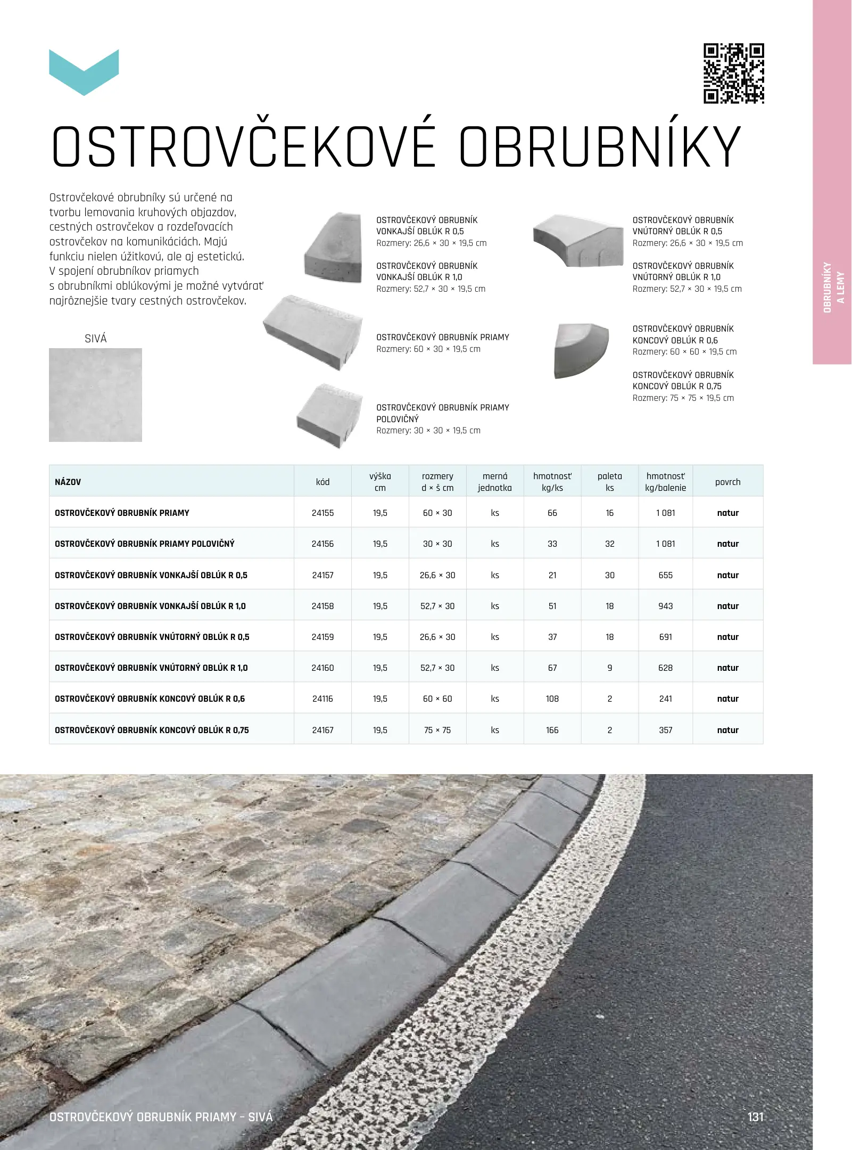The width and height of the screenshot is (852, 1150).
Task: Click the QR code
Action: click(x=734, y=73)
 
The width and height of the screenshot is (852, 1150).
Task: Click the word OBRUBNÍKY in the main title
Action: click(x=600, y=147)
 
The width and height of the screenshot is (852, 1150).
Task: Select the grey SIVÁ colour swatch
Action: click(x=96, y=395)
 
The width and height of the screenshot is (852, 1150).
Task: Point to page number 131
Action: click(x=755, y=1116)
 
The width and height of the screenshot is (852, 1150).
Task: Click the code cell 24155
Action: click(x=322, y=513)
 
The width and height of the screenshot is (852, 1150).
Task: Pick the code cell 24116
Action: click(x=322, y=699)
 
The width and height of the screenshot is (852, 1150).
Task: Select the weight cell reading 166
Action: click(x=552, y=730)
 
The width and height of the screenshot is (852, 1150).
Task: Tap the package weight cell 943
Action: click(x=665, y=606)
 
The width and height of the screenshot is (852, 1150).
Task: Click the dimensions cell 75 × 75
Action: click(x=437, y=730)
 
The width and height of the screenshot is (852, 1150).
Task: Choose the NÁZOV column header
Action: click(x=68, y=482)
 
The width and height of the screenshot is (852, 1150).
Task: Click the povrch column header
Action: click(x=727, y=482)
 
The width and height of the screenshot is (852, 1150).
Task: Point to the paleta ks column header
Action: click(x=609, y=482)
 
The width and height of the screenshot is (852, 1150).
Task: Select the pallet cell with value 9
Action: click(x=609, y=668)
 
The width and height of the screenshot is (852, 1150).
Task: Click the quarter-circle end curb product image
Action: click(x=581, y=350)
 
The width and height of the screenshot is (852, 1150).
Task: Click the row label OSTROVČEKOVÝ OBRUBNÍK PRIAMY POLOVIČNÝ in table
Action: click(x=145, y=544)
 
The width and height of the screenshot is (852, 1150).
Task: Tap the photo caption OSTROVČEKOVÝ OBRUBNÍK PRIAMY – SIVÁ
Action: click(x=161, y=1116)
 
